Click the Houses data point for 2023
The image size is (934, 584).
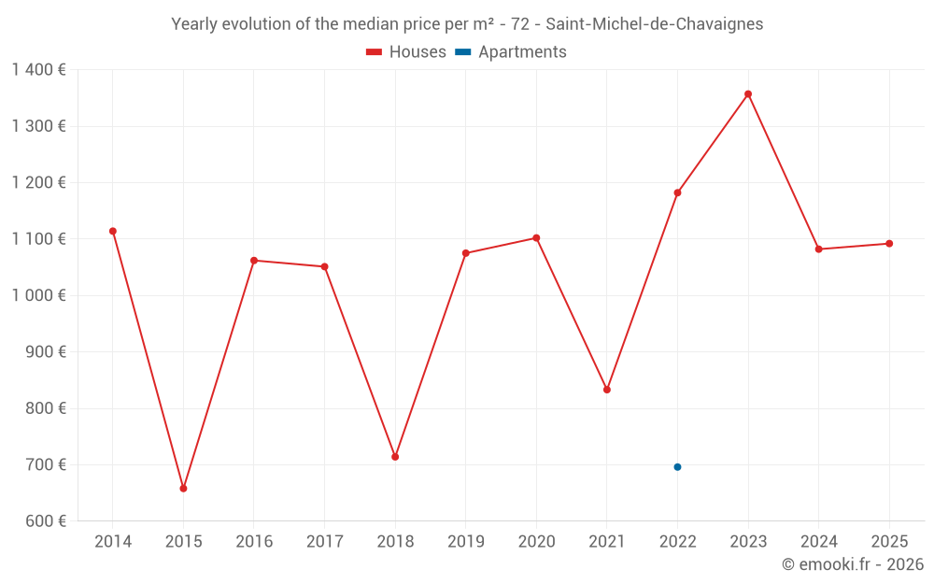click(x=748, y=93)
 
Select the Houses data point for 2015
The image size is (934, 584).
click(x=183, y=489)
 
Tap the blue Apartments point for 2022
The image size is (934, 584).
click(x=677, y=467)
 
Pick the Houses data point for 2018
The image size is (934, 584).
click(x=395, y=457)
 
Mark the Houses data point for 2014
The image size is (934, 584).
click(x=113, y=231)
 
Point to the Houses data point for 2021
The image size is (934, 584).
click(x=607, y=390)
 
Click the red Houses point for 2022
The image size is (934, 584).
click(x=677, y=192)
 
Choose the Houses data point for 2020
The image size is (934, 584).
click(x=536, y=237)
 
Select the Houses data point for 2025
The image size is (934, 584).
click(x=889, y=244)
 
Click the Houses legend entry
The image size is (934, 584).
click(x=406, y=52)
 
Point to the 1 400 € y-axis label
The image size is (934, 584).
click(x=39, y=69)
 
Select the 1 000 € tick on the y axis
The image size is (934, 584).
click(x=39, y=295)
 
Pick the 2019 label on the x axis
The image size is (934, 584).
click(x=466, y=542)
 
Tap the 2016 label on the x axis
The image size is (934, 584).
click(x=254, y=542)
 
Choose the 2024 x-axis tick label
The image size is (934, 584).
click(x=818, y=542)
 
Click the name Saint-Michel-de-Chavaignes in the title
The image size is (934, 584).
click(x=654, y=24)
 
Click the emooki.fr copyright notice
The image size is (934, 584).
click(x=853, y=564)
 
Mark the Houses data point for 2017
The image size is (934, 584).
click(x=324, y=266)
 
